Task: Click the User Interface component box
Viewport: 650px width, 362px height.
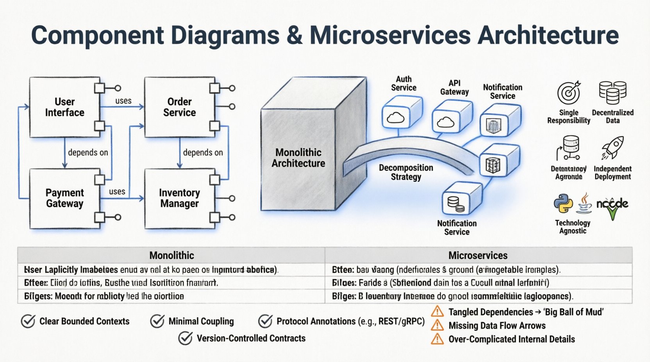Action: pyautogui.click(x=64, y=107)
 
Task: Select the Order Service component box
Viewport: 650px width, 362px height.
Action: pyautogui.click(x=179, y=107)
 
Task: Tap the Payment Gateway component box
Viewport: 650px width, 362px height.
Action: pyautogui.click(x=64, y=198)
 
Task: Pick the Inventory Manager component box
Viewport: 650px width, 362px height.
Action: pyautogui.click(x=179, y=198)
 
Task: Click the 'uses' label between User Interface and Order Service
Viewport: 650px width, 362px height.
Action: pyautogui.click(x=123, y=101)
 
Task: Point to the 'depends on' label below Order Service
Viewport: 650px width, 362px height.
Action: pyautogui.click(x=203, y=153)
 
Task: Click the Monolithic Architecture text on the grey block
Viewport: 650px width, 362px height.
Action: pyautogui.click(x=298, y=158)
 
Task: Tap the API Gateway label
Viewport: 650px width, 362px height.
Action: pyautogui.click(x=454, y=87)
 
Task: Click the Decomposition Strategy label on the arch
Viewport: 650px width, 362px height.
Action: pyautogui.click(x=406, y=172)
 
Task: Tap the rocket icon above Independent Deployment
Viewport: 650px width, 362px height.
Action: pyautogui.click(x=612, y=148)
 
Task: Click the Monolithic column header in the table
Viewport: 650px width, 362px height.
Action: pyautogui.click(x=171, y=256)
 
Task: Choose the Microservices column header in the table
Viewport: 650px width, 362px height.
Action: pyautogui.click(x=478, y=256)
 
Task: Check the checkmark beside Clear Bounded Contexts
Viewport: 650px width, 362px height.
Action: pyautogui.click(x=28, y=321)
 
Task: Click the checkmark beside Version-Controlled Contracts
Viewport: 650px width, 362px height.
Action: pyautogui.click(x=185, y=338)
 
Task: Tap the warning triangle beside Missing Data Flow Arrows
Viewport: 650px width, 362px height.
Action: pyautogui.click(x=437, y=325)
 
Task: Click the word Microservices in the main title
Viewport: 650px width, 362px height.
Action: pyautogui.click(x=390, y=35)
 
